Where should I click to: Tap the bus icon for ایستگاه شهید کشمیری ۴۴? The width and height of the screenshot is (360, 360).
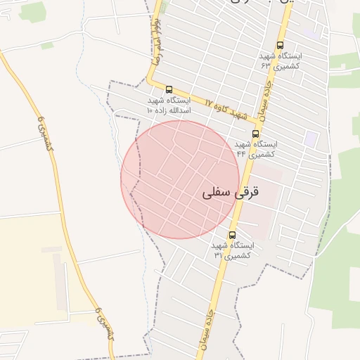coord(255,133)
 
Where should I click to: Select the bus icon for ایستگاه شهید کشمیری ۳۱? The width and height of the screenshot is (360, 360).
coord(232,235)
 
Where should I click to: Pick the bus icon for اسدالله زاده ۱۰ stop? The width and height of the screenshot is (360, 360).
coord(169,89)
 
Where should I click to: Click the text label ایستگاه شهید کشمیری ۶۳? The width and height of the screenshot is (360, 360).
coord(280,60)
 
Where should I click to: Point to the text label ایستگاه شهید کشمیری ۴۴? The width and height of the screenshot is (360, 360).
coord(255,148)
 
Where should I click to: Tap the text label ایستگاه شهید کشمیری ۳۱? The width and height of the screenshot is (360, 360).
coord(232,250)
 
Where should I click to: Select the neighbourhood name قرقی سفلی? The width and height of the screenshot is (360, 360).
coord(230,191)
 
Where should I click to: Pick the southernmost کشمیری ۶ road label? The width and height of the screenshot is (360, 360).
coord(104,324)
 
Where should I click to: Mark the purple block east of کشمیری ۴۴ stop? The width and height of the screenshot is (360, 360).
coord(310,137)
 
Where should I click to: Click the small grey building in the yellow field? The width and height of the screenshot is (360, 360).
coord(51,250)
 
